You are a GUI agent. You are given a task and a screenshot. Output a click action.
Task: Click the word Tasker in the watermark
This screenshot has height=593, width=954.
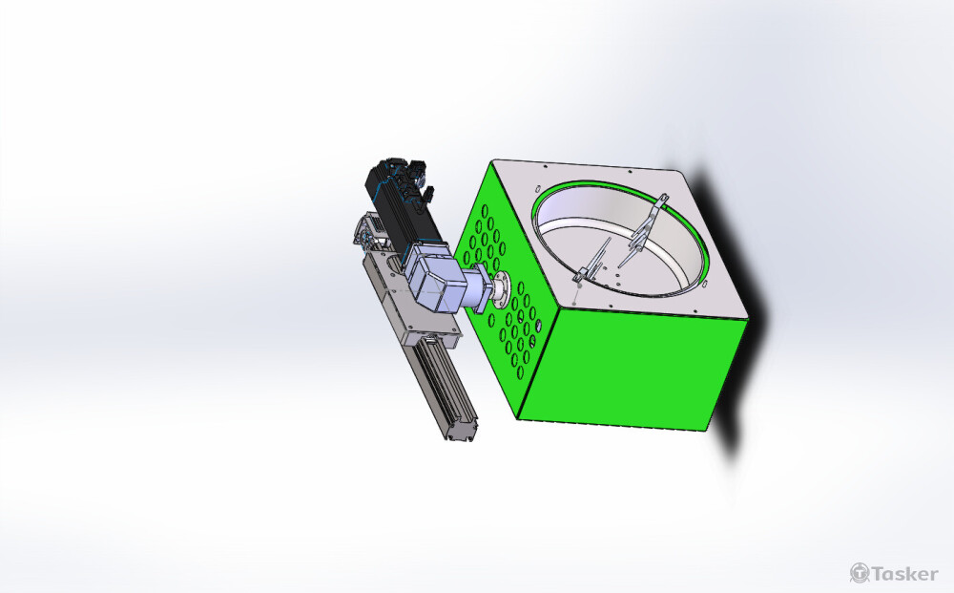tap(905, 574)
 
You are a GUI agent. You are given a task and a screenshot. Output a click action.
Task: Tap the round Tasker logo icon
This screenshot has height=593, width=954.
tap(860, 573)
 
